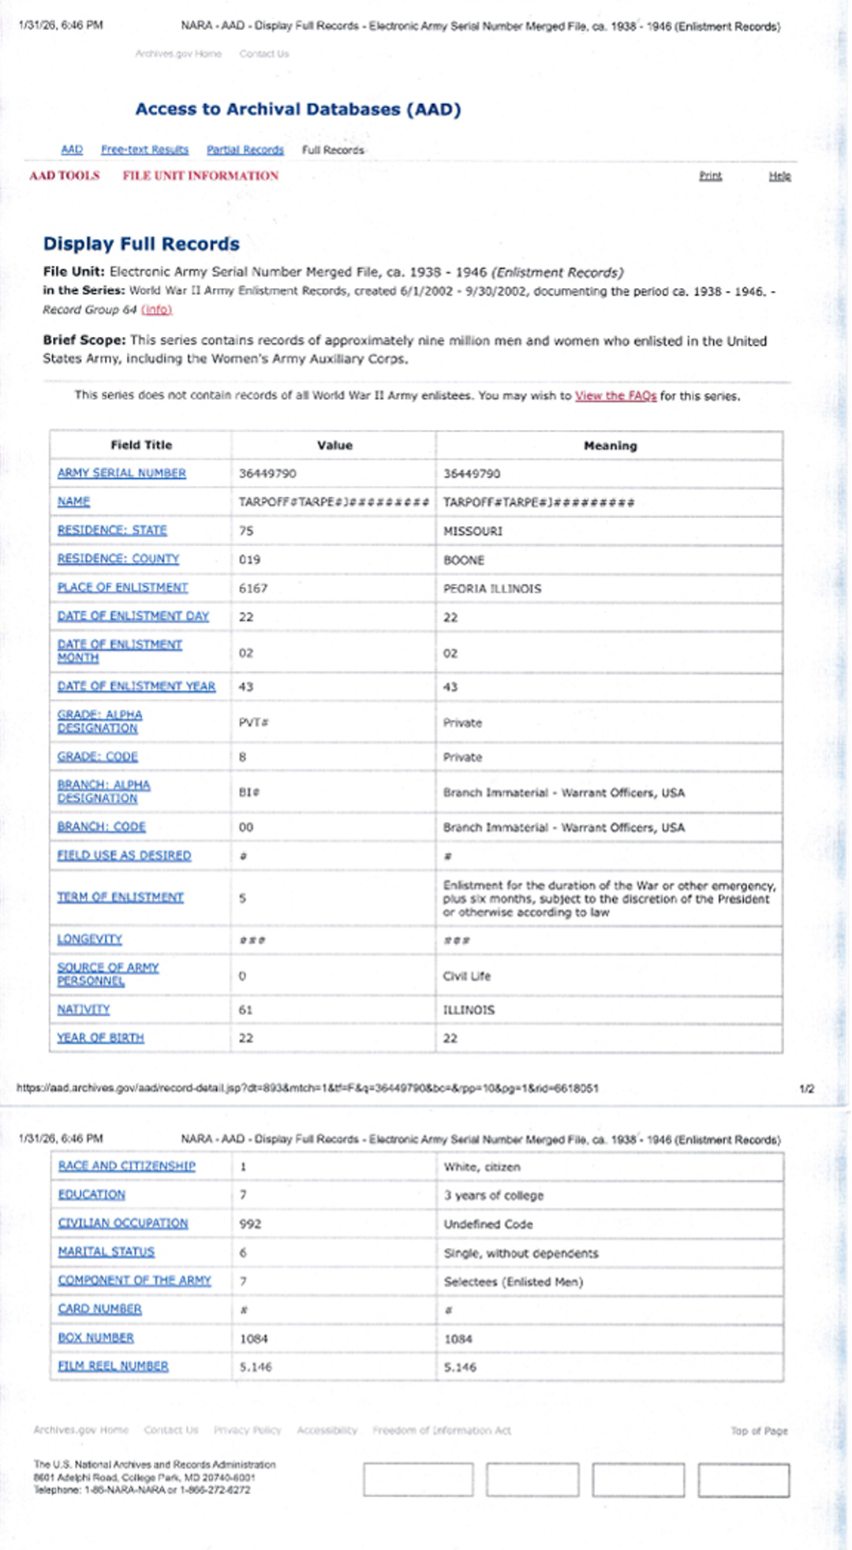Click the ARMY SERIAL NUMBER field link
[121, 472]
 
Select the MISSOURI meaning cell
[473, 531]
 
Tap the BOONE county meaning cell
[464, 560]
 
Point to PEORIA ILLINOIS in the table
[492, 588]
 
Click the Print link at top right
[710, 176]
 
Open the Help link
[779, 176]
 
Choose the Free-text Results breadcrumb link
[144, 150]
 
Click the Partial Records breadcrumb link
[245, 150]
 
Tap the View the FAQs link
[615, 396]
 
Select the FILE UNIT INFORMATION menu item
[200, 176]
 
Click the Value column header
[334, 445]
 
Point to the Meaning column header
[610, 445]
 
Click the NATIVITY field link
[84, 1009]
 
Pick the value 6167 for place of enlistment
[253, 588]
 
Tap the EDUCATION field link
[92, 1194]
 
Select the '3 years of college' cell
[494, 1195]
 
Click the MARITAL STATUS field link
[106, 1252]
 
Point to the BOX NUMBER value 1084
[254, 1339]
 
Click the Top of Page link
[759, 1431]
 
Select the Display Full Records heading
[141, 244]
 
